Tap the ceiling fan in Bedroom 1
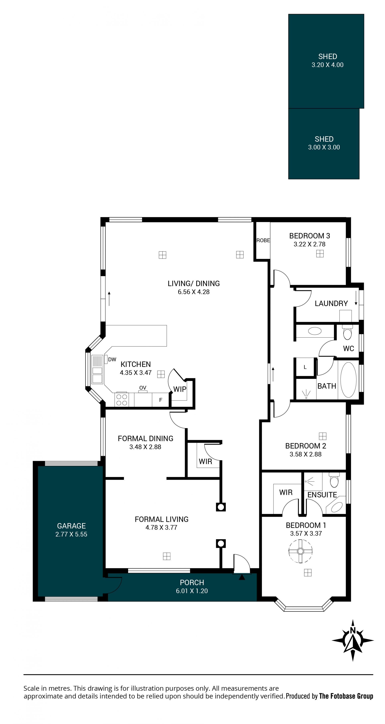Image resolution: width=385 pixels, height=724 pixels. click(x=300, y=551)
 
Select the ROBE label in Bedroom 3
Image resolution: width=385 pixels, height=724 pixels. click(x=263, y=240)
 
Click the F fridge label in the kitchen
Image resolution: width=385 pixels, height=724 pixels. click(x=161, y=400)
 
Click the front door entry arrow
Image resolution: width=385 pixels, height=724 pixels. click(x=242, y=577)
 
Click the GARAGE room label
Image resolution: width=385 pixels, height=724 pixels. click(x=71, y=526)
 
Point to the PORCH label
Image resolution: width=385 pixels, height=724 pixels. click(x=192, y=583)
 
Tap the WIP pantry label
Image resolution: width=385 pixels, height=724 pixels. click(x=180, y=389)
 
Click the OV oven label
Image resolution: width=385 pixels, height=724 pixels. click(x=143, y=388)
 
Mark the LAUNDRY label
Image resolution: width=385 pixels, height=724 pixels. click(x=331, y=303)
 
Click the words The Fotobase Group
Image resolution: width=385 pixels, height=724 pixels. click(x=346, y=696)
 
